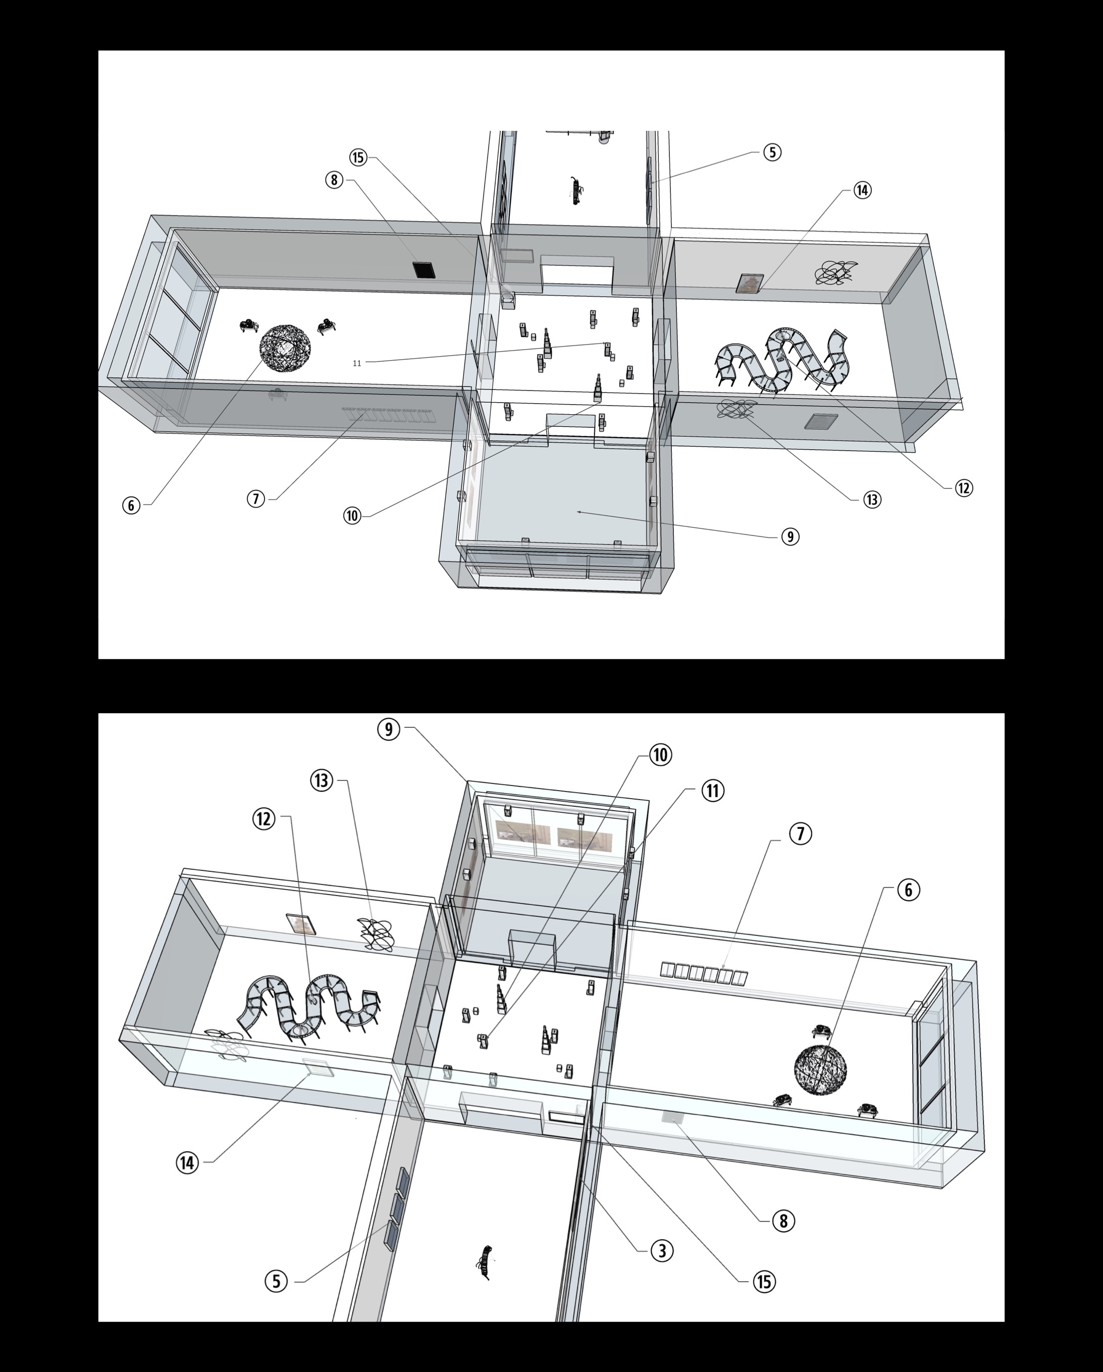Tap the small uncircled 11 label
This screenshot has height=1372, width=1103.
click(357, 363)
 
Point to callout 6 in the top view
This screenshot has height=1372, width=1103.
click(131, 505)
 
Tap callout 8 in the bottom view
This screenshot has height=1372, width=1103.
click(783, 1220)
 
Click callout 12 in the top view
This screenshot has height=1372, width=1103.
click(964, 488)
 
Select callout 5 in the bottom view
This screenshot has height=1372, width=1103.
click(276, 1281)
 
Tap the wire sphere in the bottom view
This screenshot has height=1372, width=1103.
click(821, 1070)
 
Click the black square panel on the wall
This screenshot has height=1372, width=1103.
click(424, 269)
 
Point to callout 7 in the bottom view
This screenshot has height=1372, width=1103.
click(800, 833)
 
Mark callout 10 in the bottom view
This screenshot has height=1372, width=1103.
click(660, 755)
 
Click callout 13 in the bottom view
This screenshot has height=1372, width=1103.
click(322, 780)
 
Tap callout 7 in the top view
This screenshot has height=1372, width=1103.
click(256, 499)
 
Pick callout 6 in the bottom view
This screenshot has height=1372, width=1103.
click(908, 890)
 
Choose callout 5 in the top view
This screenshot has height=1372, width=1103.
click(771, 152)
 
